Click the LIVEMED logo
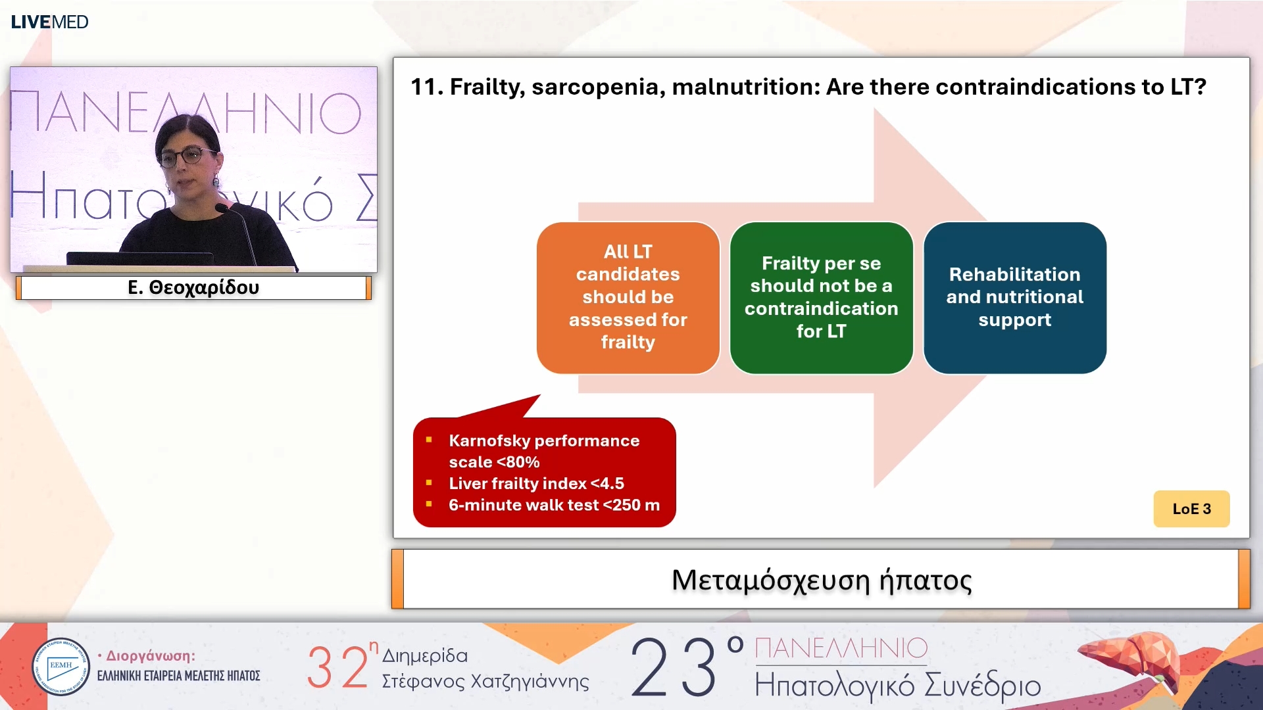[49, 22]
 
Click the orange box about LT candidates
[628, 298]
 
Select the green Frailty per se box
[821, 298]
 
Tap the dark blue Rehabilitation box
[1014, 298]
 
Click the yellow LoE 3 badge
[1191, 509]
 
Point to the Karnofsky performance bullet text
[544, 451]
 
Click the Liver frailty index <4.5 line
[536, 483]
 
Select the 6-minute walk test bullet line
[554, 505]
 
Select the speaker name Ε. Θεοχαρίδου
[193, 287]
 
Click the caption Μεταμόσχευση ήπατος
[822, 580]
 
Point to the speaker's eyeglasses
[189, 156]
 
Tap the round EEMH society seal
[61, 667]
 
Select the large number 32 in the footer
[337, 667]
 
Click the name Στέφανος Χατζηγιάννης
[485, 682]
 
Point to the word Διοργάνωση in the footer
[150, 656]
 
